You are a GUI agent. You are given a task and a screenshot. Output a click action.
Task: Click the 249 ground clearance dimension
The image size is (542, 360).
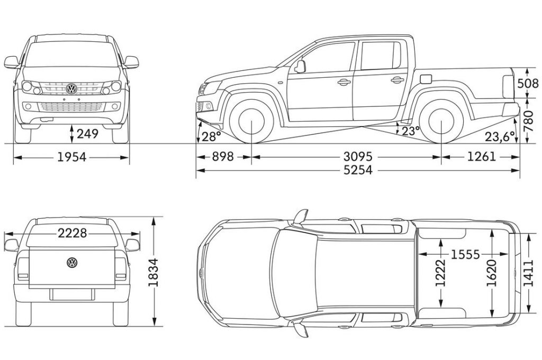[x=88, y=133]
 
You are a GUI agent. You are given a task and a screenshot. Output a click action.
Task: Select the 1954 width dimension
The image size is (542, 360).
[x=71, y=157]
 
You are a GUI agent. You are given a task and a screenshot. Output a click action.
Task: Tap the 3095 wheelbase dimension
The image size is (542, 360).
[x=358, y=157]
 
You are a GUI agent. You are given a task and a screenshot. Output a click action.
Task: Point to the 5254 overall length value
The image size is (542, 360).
[x=358, y=170]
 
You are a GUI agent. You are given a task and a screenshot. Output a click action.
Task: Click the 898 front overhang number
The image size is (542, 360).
[x=223, y=157]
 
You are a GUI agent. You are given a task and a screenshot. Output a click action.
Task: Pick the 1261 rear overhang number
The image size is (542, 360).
[x=482, y=157]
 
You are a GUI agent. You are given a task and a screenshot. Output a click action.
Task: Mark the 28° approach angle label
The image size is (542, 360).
[x=211, y=137]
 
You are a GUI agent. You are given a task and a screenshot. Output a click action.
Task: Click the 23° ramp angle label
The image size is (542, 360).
[x=411, y=131]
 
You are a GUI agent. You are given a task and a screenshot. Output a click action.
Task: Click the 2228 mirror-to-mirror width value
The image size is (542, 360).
[x=72, y=233]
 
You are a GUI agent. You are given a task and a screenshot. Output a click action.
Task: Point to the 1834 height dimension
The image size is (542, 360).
[x=153, y=272]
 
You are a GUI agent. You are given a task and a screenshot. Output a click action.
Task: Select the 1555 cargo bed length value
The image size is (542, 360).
[x=465, y=255]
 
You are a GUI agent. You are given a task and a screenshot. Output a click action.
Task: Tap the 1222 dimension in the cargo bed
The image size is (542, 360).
[x=441, y=273]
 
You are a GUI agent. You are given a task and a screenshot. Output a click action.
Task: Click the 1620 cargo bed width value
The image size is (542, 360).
[x=492, y=273]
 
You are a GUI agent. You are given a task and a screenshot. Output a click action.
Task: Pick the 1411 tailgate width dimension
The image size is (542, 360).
[x=529, y=273]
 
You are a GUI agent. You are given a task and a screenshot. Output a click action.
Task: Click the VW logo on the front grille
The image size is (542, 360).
[x=71, y=89]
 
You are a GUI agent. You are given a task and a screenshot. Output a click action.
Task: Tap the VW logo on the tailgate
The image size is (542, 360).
[x=72, y=263]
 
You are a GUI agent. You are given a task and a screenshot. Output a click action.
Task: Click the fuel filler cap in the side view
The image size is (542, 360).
[x=426, y=79]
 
